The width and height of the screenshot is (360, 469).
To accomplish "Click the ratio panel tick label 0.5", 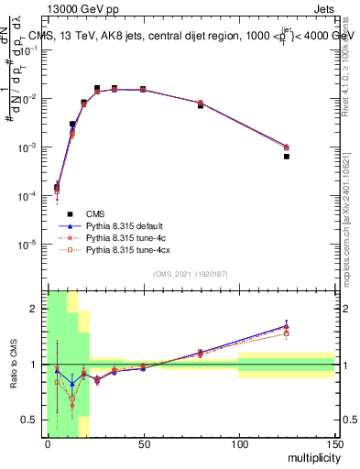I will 32,420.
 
